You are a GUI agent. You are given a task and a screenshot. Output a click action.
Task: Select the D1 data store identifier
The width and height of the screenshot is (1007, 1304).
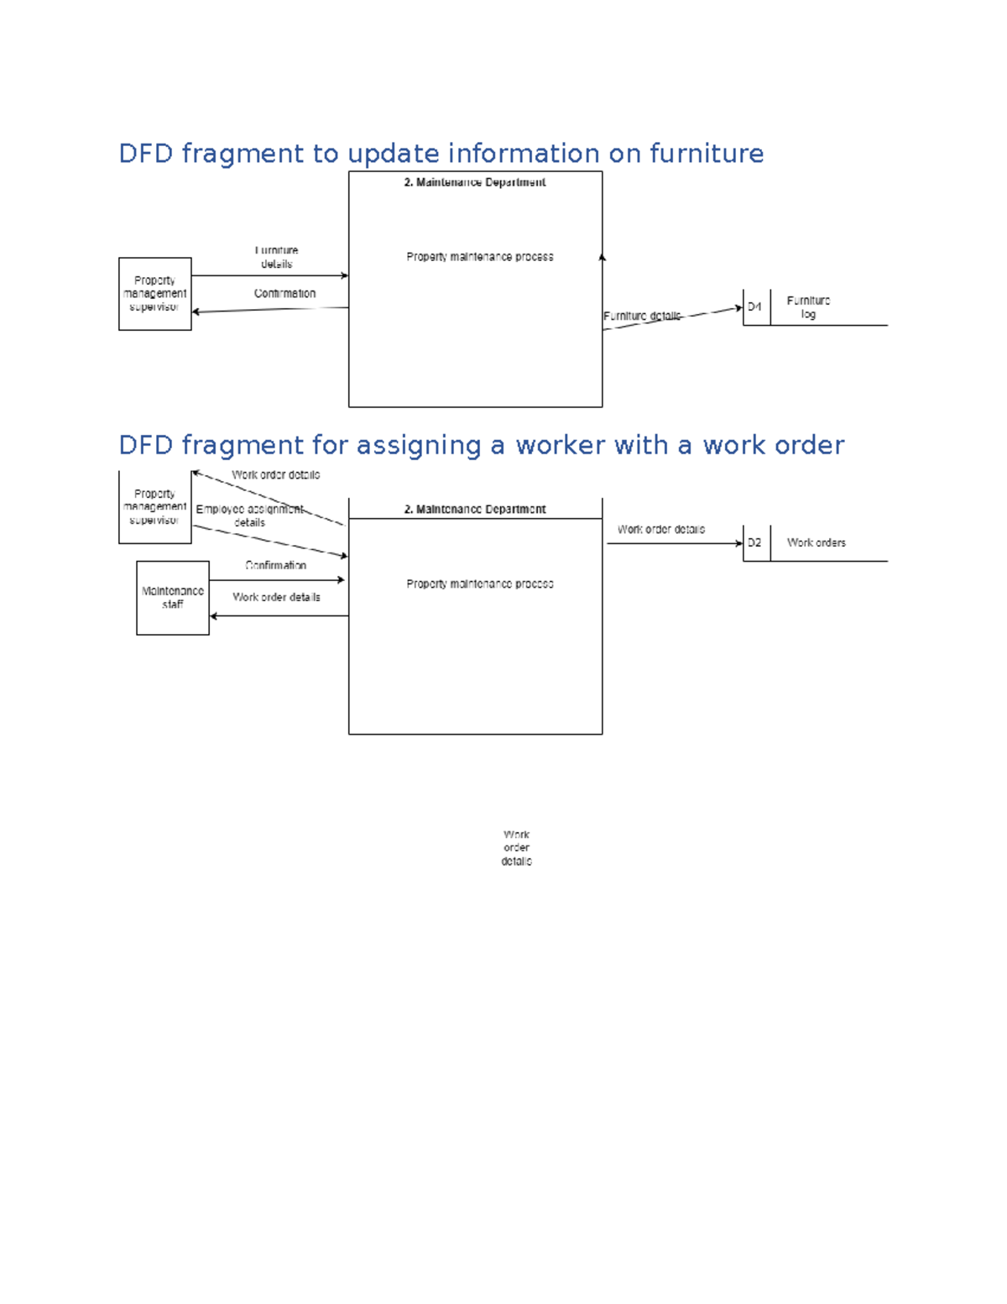pos(755,307)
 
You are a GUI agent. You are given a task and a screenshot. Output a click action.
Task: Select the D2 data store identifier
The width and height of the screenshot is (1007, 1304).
pos(755,543)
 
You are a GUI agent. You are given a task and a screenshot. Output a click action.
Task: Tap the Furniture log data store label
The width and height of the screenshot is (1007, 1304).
pos(808,307)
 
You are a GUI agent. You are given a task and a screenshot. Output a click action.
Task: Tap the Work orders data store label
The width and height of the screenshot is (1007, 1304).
pos(816,543)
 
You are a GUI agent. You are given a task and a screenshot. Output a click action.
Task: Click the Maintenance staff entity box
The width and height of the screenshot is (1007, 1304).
pos(173,598)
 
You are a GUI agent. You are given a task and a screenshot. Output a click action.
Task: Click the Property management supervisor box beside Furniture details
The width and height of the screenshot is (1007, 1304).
pos(155,294)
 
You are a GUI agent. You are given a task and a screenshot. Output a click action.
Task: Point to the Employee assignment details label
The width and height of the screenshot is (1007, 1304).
pos(249,516)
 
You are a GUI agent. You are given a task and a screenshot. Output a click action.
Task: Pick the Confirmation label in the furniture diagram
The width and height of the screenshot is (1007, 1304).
pos(284,294)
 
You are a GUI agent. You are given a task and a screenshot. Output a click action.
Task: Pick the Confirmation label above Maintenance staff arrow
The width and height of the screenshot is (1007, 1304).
pos(275,566)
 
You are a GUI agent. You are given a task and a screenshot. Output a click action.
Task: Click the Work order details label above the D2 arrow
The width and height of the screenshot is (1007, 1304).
pos(660,530)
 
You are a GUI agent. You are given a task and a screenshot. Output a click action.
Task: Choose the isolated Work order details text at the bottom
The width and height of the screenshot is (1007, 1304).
pos(516,848)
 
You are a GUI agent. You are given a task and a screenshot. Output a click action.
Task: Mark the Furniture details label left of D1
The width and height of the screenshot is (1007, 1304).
pos(642,317)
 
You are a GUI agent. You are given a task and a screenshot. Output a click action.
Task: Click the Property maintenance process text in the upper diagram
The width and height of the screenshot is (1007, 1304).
pos(479,257)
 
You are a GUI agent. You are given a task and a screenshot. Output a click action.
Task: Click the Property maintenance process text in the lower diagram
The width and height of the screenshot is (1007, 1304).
pos(479,584)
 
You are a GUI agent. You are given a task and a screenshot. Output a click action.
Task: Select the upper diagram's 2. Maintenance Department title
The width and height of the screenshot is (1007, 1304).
pos(474,182)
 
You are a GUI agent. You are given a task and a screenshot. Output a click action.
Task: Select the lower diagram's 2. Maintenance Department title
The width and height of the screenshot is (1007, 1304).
pos(474,510)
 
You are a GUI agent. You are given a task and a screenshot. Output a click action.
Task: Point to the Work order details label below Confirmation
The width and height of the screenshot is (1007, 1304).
pos(276,598)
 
